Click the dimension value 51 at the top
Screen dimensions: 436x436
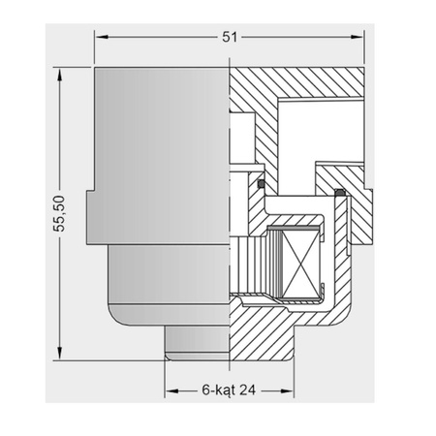230,37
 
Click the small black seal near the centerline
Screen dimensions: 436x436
261,183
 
